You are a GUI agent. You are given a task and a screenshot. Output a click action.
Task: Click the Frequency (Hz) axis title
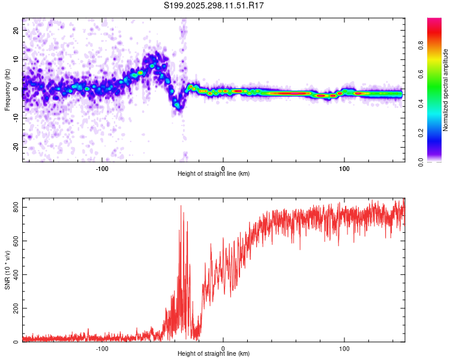tap(7, 89)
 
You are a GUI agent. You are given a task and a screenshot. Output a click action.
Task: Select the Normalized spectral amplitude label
tap(446, 90)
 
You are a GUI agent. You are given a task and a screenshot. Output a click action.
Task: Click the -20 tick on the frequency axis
tap(17, 147)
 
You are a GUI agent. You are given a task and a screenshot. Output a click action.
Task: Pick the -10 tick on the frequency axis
tap(17, 118)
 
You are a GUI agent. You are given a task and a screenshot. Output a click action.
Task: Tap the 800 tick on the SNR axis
tap(14, 208)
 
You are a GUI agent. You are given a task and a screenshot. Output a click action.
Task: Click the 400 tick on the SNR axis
tap(14, 275)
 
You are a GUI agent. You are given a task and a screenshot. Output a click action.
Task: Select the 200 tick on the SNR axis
tap(14, 308)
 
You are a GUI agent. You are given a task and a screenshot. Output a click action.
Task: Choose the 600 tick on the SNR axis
tap(14, 241)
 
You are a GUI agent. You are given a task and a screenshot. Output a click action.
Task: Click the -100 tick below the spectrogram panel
tap(101, 168)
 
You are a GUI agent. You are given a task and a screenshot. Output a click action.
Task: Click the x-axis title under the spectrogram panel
tap(214, 174)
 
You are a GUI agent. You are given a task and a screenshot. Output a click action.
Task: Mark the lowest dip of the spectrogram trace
tap(177, 105)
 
